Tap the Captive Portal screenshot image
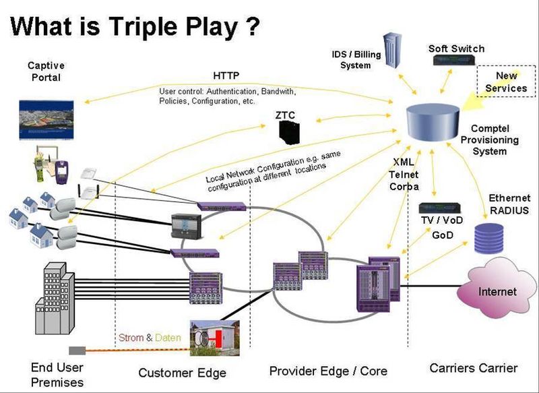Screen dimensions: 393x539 coord(46,119)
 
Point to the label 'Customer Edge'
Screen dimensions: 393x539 coord(182,373)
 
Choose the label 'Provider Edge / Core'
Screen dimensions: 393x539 coord(328,371)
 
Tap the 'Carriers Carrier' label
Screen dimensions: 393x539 coord(473,368)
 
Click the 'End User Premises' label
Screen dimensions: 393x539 coord(57,374)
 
